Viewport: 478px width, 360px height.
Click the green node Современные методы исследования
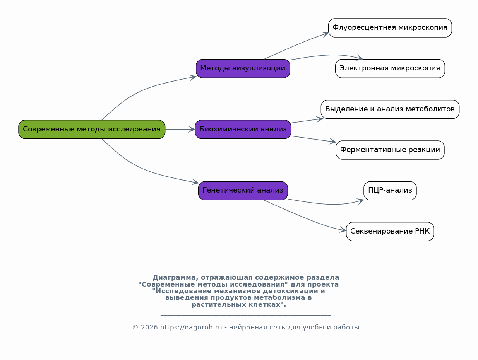click(x=92, y=130)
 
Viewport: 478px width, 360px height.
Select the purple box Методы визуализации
click(x=243, y=68)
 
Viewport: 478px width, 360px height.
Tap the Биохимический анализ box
click(x=243, y=130)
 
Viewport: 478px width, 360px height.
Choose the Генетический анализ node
click(x=243, y=191)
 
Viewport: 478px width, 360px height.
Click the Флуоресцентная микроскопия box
click(x=390, y=28)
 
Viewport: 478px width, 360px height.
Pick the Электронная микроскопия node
click(x=390, y=68)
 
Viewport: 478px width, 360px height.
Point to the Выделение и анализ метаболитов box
click(x=390, y=109)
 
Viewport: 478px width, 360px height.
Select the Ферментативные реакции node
click(x=390, y=150)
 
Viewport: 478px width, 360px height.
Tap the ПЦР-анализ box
click(x=390, y=191)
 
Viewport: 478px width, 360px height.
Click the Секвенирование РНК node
click(x=390, y=232)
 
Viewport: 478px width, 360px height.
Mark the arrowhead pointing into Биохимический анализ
click(x=192, y=130)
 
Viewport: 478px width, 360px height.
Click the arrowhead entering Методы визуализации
click(x=193, y=77)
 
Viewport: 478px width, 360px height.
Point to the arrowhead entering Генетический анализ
click(x=195, y=182)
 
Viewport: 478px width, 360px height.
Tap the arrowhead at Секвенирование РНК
click(x=343, y=230)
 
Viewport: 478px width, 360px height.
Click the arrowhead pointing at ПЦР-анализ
click(x=361, y=201)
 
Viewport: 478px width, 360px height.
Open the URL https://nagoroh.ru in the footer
click(x=191, y=328)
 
